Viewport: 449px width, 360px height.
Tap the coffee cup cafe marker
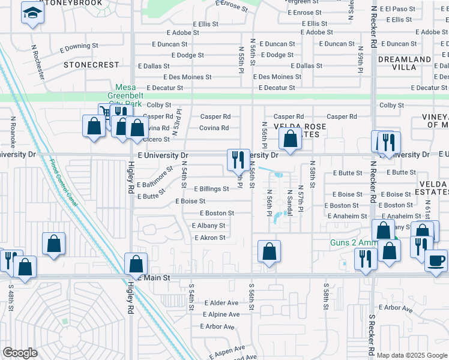[x=436, y=260]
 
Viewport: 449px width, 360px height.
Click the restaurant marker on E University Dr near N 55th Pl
[x=238, y=160]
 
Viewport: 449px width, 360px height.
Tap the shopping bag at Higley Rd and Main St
[x=136, y=263]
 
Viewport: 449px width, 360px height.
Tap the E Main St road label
[x=154, y=278]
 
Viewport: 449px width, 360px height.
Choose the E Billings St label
[x=211, y=188]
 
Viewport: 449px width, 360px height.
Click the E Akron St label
[x=209, y=238]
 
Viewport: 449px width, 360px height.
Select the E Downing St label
[x=79, y=46]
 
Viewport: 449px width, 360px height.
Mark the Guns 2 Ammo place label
[x=353, y=243]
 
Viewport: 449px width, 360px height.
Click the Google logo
[x=20, y=353]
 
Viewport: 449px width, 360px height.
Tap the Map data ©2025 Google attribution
[x=412, y=355]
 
